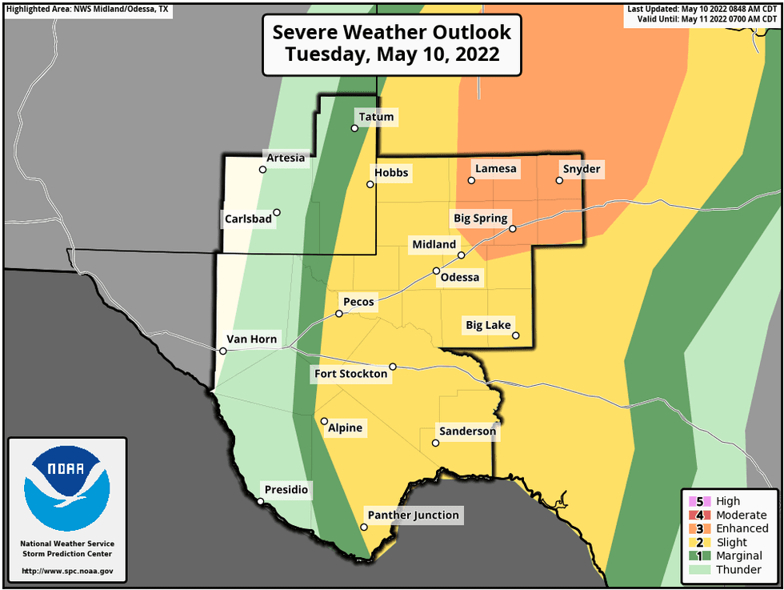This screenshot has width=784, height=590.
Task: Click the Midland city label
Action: click(434, 244)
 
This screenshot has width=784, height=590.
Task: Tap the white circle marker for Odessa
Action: click(436, 271)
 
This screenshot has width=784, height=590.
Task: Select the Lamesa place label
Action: click(496, 169)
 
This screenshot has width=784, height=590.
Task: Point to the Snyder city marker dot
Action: click(559, 180)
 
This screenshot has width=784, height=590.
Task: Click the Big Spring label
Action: click(480, 218)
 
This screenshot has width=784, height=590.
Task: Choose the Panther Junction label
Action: click(413, 515)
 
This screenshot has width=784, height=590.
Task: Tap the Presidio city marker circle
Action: click(260, 501)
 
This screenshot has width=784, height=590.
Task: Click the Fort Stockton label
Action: click(350, 374)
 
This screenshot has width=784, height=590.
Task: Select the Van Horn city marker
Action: click(223, 351)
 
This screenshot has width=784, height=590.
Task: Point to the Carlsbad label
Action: click(247, 218)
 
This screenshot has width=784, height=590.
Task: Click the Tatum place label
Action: click(376, 117)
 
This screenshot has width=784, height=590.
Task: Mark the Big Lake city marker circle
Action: click(516, 335)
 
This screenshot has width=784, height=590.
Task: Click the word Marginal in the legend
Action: click(738, 556)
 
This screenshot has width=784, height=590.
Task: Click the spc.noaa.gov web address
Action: click(67, 572)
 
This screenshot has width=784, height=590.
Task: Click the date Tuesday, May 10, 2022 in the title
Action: click(392, 55)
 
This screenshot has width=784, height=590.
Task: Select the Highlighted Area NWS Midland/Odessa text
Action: click(87, 8)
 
